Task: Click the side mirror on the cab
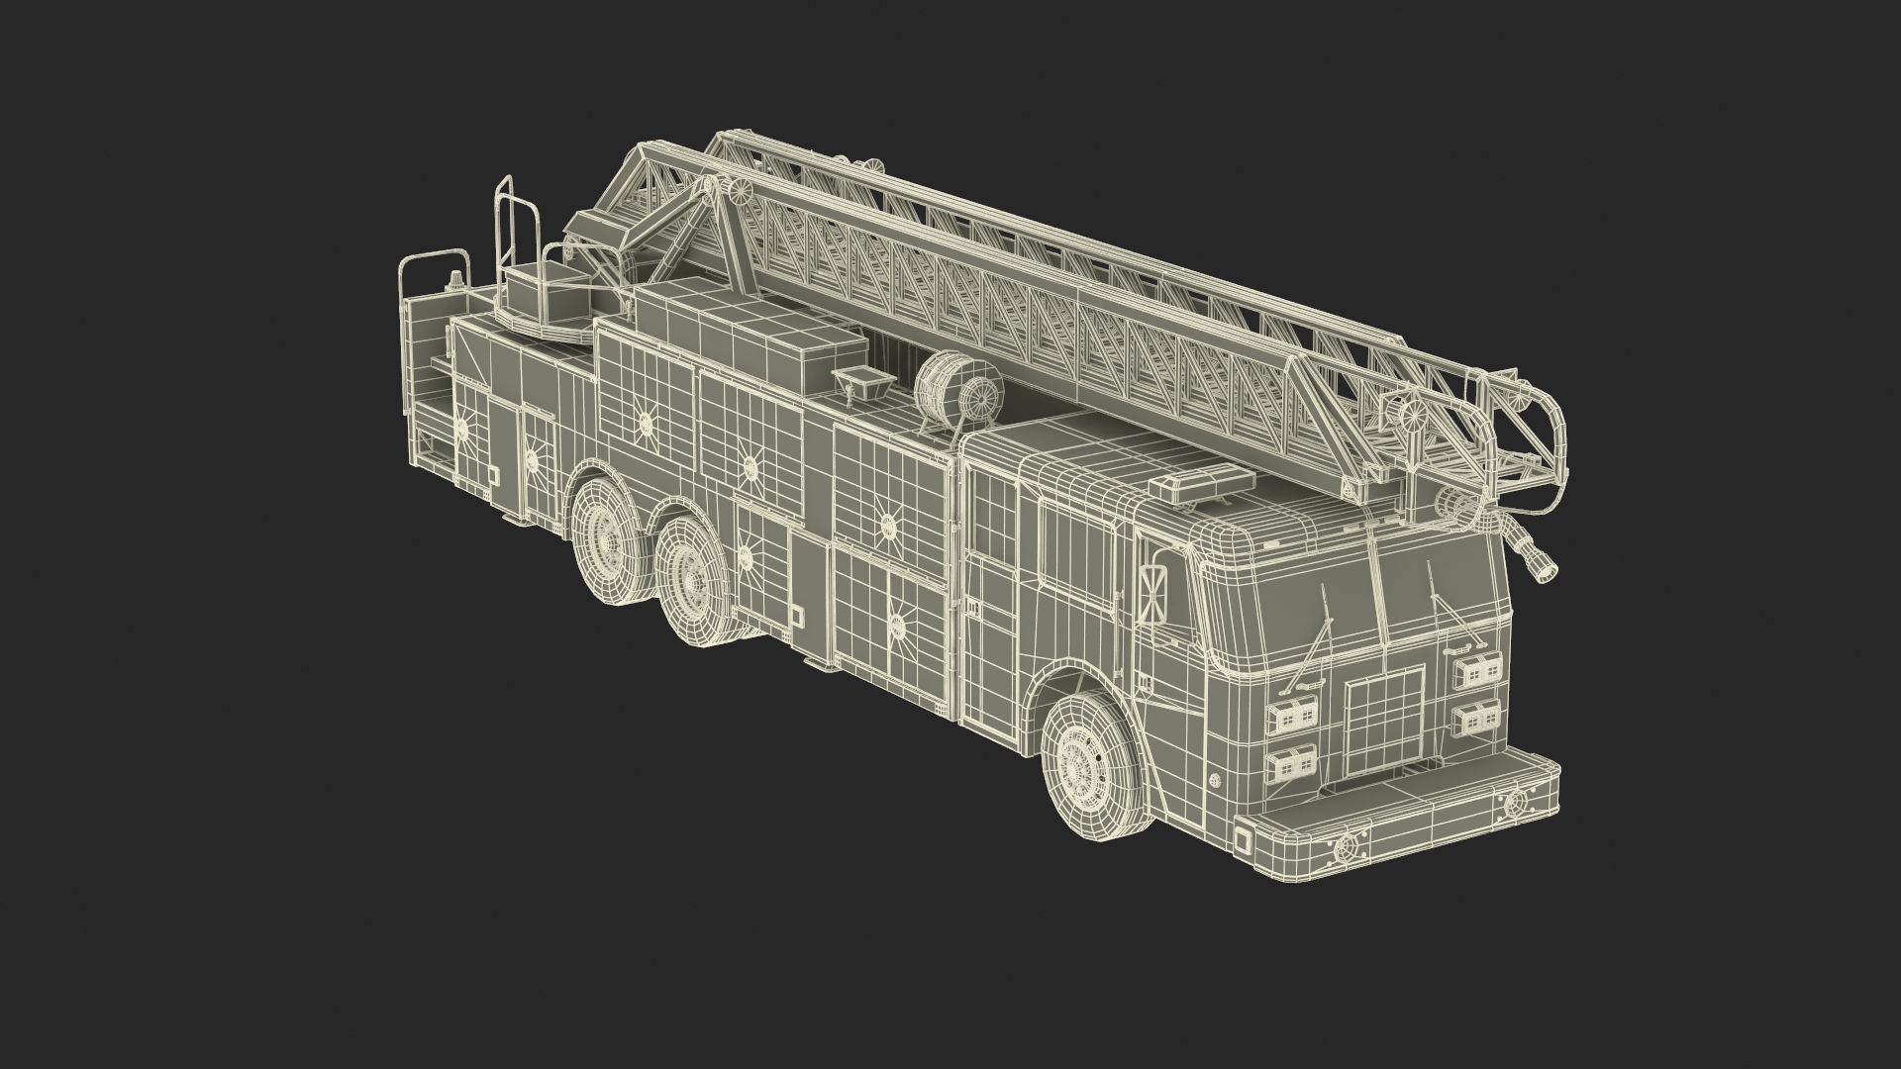click(1153, 595)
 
